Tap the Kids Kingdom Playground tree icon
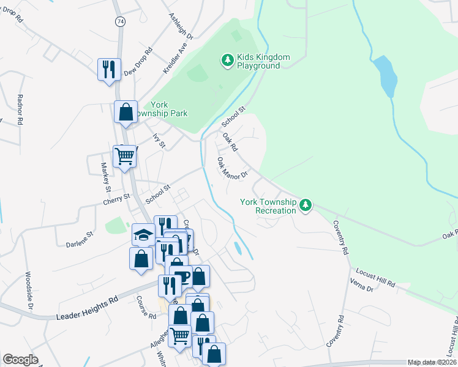click(x=227, y=60)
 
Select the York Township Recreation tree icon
click(x=305, y=206)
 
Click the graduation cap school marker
click(x=143, y=234)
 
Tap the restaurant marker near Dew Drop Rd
click(x=109, y=69)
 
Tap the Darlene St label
click(x=80, y=239)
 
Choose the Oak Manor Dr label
click(x=232, y=167)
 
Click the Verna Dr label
click(x=361, y=289)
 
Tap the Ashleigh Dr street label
click(x=181, y=26)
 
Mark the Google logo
click(x=20, y=360)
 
